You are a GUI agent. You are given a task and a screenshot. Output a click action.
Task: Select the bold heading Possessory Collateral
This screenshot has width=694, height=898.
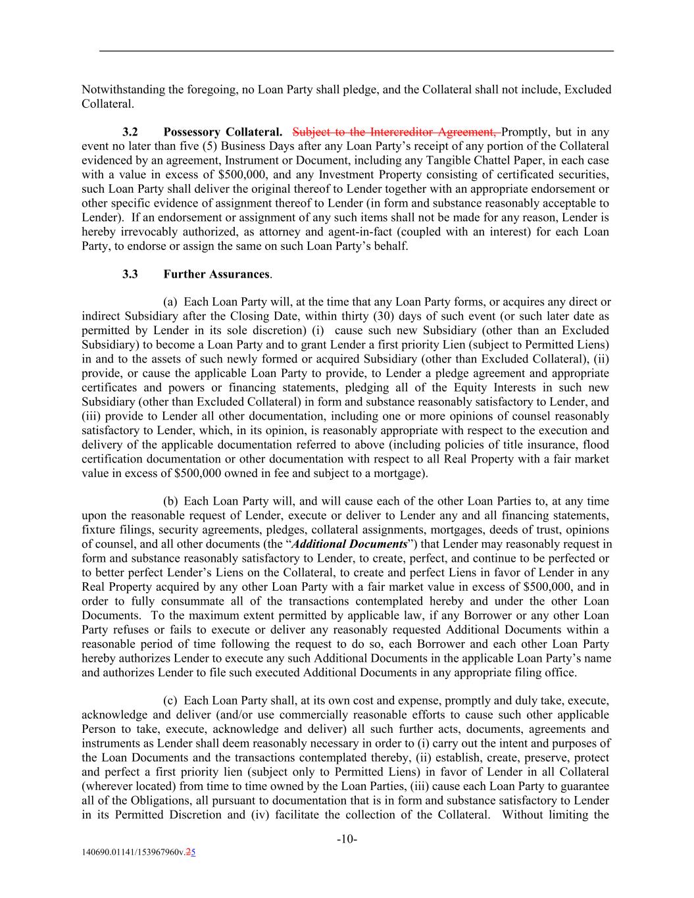click(x=223, y=132)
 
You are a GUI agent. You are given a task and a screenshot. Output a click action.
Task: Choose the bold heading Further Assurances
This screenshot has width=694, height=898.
click(x=216, y=274)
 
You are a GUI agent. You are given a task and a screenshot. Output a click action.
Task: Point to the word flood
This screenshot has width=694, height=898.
click(x=596, y=445)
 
